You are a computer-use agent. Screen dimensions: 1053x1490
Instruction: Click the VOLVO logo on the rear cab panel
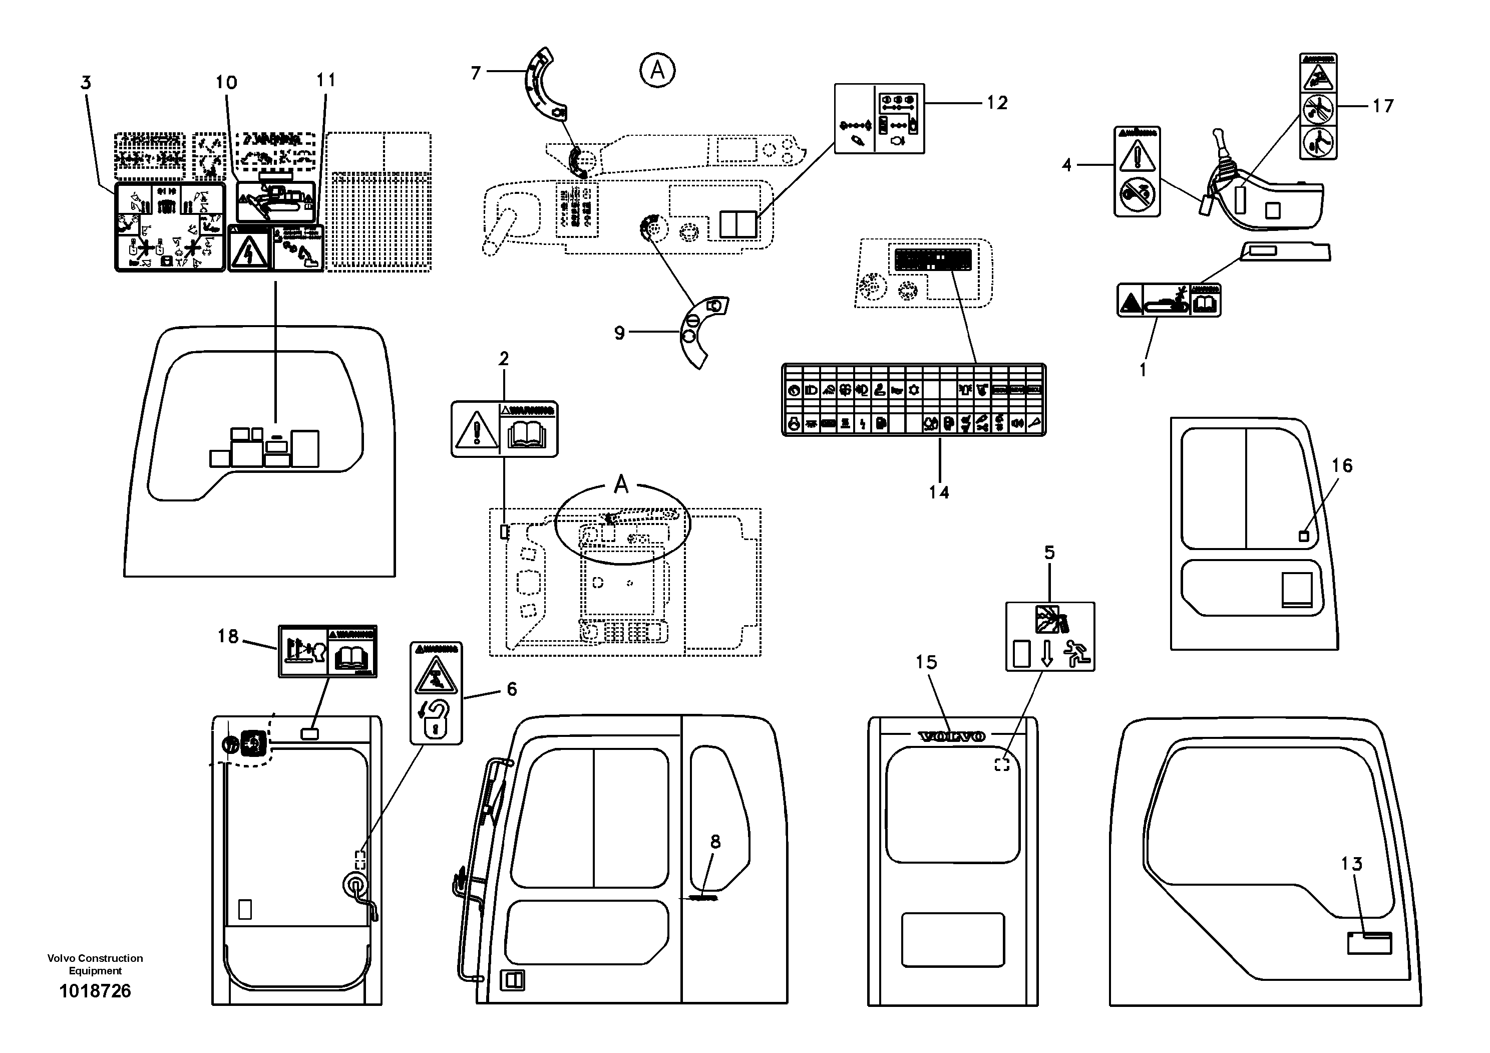point(952,736)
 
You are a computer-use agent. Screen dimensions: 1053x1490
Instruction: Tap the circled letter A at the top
point(657,70)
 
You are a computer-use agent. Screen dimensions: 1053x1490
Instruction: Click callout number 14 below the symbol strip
point(938,493)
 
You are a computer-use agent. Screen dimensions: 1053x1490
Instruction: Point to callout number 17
point(1382,106)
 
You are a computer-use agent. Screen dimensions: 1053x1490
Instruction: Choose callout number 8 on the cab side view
point(715,842)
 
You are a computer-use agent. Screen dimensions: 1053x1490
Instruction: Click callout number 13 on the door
point(1351,864)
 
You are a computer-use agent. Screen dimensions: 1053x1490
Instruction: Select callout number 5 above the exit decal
point(1049,553)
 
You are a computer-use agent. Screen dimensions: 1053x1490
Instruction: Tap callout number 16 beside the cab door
point(1341,465)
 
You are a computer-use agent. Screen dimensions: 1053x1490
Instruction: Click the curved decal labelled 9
point(701,331)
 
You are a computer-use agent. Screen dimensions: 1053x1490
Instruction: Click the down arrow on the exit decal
point(1046,654)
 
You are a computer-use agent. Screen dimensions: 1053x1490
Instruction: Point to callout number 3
point(86,83)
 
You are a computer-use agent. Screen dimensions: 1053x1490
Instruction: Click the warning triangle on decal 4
point(1137,157)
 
